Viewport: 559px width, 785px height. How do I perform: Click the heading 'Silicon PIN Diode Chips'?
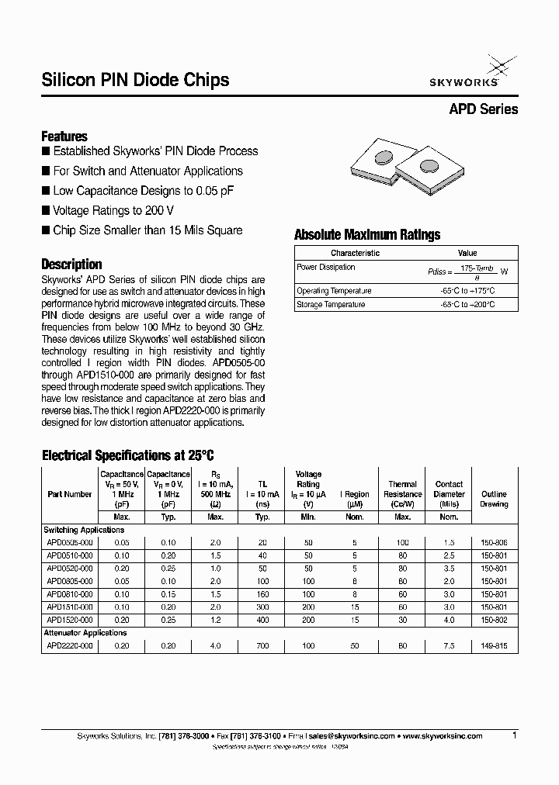(134, 80)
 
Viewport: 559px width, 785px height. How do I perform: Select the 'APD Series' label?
(483, 109)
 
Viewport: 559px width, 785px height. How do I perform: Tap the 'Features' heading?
(64, 136)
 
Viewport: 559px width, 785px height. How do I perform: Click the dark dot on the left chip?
(384, 158)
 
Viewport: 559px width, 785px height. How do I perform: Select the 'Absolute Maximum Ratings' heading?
(366, 235)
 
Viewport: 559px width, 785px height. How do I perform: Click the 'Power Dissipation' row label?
(326, 267)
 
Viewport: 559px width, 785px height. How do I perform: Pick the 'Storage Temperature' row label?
(331, 305)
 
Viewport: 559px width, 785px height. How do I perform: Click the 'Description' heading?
(71, 264)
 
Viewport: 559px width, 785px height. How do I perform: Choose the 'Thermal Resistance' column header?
(403, 494)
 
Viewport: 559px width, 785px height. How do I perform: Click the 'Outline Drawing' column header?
(494, 499)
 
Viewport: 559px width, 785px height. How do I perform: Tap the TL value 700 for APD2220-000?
(262, 645)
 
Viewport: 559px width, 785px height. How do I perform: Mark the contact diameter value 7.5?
(449, 645)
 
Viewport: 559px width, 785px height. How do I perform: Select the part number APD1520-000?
(69, 620)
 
